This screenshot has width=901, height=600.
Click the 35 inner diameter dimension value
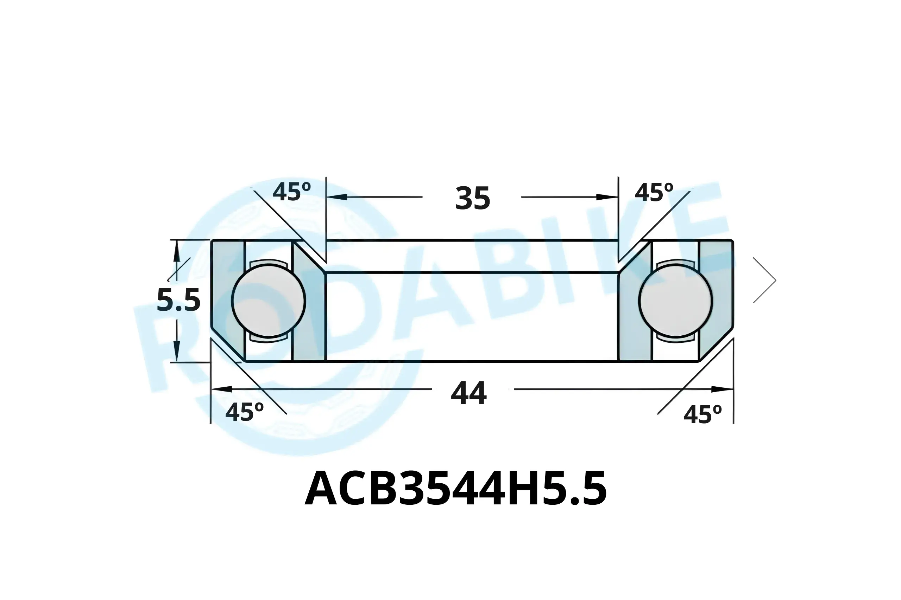(x=472, y=198)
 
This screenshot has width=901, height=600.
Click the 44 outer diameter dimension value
(x=468, y=393)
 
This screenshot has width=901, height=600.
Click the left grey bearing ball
(x=268, y=301)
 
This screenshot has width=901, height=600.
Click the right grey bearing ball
(x=675, y=301)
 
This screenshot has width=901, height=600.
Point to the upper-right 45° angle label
(x=654, y=192)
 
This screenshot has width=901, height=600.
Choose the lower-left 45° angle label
(x=244, y=412)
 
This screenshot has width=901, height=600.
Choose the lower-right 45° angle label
(x=702, y=414)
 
